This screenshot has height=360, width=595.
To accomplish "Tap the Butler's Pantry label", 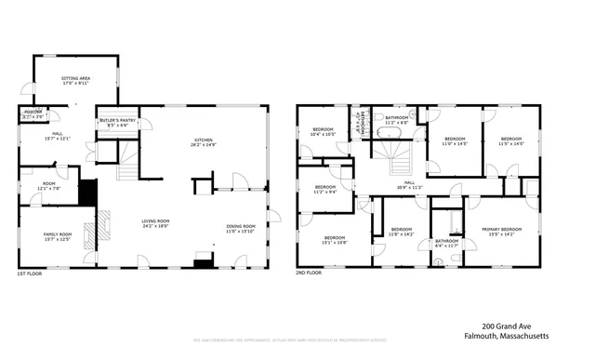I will point(117,122).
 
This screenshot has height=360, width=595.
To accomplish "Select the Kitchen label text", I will point(203,142).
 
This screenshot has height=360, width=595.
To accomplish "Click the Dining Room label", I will point(240,229).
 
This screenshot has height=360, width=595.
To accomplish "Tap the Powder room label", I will point(32,115).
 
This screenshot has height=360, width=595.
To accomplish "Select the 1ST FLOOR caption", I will point(30,273).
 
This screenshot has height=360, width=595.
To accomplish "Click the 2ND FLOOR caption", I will point(310,273).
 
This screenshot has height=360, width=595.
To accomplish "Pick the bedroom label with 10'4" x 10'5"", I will point(323,132).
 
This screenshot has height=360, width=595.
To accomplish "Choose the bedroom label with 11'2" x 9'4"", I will point(325,190).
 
